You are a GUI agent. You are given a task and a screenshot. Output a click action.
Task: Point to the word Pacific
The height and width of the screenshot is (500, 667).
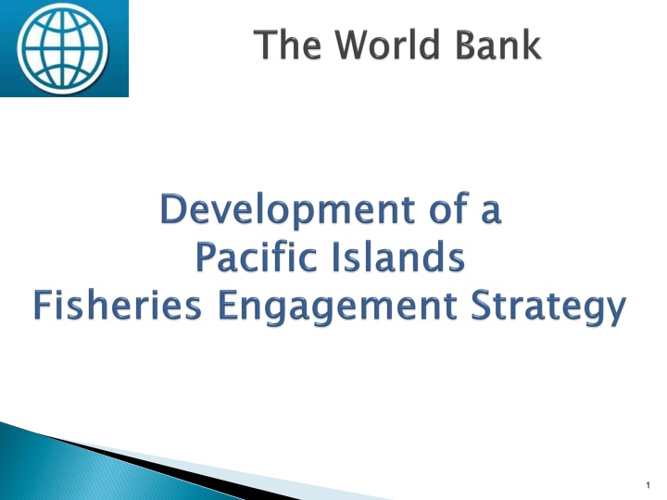(x=254, y=258)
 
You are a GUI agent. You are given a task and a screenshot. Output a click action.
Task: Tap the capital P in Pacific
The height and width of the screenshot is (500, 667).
(x=206, y=258)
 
